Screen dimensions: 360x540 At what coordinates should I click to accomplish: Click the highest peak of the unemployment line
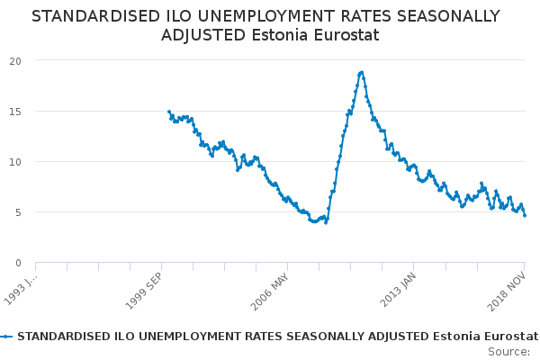(x=361, y=72)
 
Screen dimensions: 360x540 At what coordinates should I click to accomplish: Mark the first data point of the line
(x=168, y=112)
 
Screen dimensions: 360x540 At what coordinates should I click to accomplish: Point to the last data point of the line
(x=525, y=215)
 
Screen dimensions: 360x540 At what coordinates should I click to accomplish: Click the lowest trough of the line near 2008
(x=326, y=222)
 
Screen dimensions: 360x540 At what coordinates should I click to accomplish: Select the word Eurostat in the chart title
(x=347, y=35)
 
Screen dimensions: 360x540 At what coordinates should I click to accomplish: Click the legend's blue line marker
(x=7, y=336)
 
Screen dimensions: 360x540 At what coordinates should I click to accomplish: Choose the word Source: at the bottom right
(x=508, y=351)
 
